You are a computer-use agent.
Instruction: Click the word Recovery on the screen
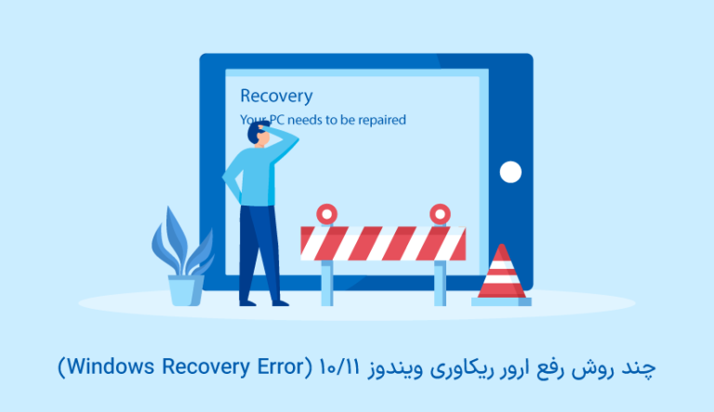pyautogui.click(x=276, y=96)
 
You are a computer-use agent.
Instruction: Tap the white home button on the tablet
pyautogui.click(x=509, y=172)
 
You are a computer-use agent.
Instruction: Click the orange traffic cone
pyautogui.click(x=501, y=274)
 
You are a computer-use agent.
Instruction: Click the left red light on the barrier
pyautogui.click(x=325, y=214)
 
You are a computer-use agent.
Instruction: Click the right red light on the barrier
pyautogui.click(x=440, y=214)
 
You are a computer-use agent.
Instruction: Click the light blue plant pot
pyautogui.click(x=185, y=289)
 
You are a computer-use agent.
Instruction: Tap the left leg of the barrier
pyautogui.click(x=326, y=283)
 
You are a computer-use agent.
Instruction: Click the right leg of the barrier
pyautogui.click(x=440, y=283)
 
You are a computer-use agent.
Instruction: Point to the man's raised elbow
pyautogui.click(x=296, y=140)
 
